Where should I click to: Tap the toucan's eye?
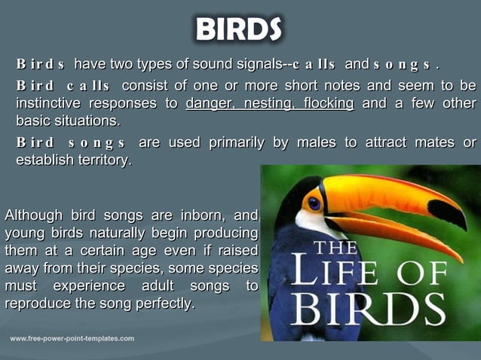314,203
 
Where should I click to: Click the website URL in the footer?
72,339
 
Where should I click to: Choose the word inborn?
203,217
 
